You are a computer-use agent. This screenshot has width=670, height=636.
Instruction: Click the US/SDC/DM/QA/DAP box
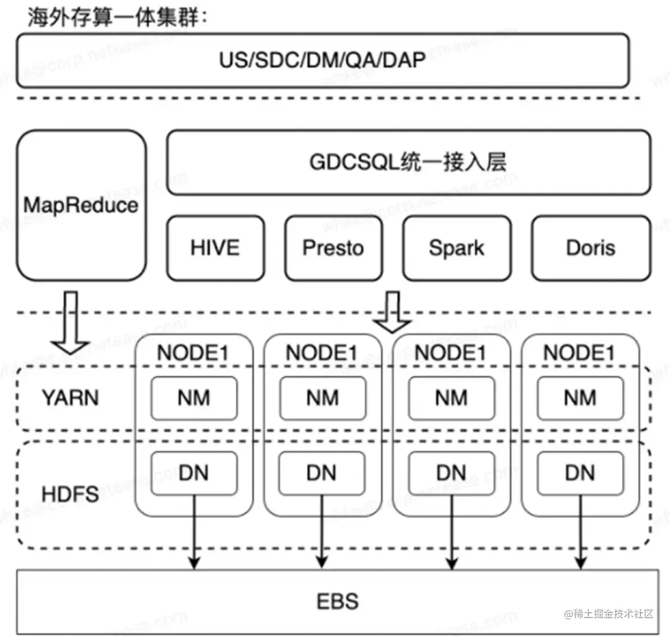(323, 60)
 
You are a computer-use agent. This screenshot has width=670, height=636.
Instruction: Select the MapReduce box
(82, 205)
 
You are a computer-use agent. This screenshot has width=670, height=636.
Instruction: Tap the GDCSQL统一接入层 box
(408, 162)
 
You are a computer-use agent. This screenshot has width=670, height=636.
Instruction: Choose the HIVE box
(215, 248)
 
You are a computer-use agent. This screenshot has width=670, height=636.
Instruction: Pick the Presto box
(333, 248)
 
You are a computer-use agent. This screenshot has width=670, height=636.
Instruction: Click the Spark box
(457, 248)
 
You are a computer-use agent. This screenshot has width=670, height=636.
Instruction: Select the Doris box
(591, 248)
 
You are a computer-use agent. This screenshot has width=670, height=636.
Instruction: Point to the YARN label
(70, 398)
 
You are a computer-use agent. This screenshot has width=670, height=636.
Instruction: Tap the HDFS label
(70, 494)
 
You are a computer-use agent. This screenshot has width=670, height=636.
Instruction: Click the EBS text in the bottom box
(337, 601)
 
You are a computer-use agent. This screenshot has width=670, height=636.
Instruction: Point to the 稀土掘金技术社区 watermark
(609, 614)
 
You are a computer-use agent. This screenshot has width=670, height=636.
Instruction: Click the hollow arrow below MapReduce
(69, 324)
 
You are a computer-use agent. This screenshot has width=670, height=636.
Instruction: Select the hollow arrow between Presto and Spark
(393, 312)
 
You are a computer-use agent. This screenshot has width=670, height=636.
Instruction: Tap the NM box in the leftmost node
(194, 398)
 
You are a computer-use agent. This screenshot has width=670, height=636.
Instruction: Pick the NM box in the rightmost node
(580, 398)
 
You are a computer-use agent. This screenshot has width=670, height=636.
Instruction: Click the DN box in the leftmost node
(194, 473)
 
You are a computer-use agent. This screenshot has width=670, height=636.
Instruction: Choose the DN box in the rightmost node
(580, 473)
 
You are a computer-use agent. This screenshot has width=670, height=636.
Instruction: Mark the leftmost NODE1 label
(193, 353)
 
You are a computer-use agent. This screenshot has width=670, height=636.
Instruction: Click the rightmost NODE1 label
(579, 353)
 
